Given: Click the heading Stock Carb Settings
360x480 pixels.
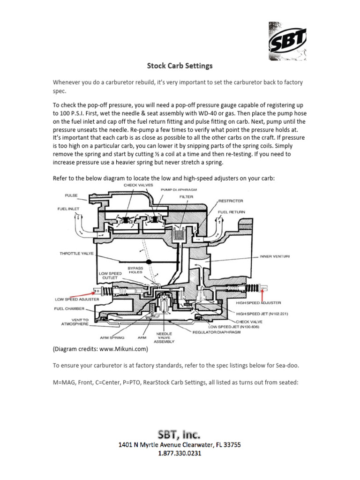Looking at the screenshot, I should [x=180, y=66].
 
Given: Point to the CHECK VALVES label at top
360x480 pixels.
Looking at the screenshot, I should [x=137, y=185].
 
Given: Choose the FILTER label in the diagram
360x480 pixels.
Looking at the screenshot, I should [x=186, y=197].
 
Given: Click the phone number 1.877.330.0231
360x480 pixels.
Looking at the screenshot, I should [x=180, y=454].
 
